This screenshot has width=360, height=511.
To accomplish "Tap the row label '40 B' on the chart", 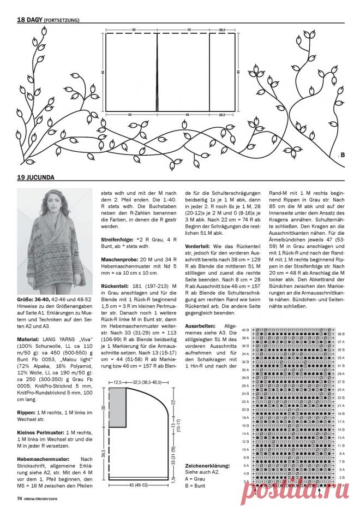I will (245, 330).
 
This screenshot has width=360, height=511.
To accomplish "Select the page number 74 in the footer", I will (19, 498).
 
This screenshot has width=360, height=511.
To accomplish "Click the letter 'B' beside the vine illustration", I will (343, 155).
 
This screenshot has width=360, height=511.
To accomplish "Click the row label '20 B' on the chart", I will (245, 408).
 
